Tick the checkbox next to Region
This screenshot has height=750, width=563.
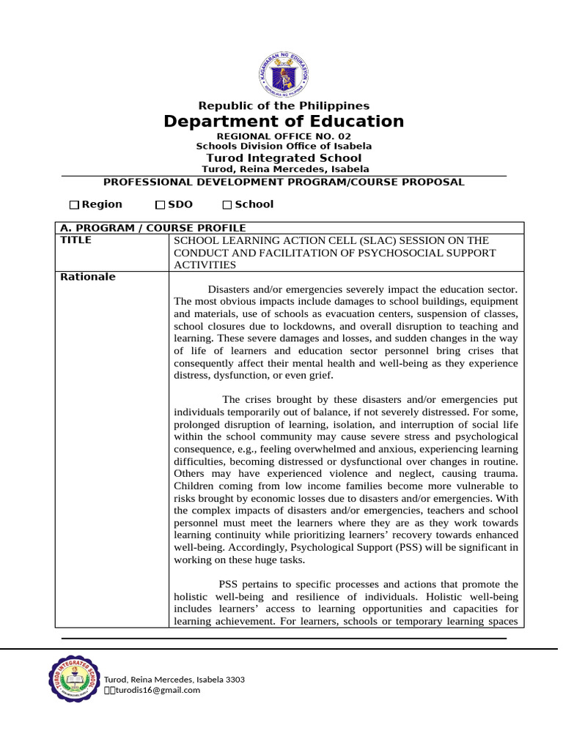coord(74,205)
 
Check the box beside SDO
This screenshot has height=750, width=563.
coord(161,205)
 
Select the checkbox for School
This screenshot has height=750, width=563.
coord(227,205)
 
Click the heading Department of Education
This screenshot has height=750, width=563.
coord(284,122)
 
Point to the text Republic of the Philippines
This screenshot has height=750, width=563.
coord(284,106)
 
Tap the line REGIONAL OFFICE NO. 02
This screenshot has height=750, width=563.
coord(284,137)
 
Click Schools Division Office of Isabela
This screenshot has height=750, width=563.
coord(284,146)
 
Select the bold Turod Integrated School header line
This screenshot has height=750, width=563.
coord(284,158)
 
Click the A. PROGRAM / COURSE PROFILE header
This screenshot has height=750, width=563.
coord(152,228)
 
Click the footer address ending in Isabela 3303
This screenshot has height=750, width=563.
coord(174,679)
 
